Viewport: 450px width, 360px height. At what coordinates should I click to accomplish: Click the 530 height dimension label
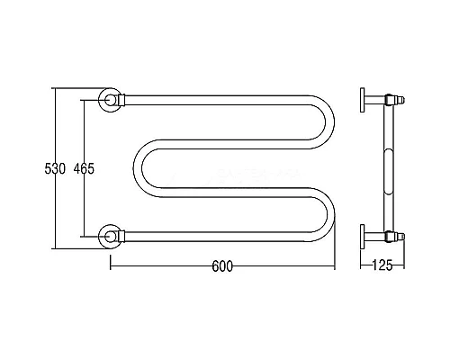tap(55, 169)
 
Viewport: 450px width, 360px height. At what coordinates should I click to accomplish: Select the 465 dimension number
tap(84, 169)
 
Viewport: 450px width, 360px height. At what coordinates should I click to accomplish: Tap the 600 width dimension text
tap(222, 266)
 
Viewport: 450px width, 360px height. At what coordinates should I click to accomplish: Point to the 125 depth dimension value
tap(382, 265)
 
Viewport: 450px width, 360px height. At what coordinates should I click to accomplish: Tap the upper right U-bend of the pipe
tap(330, 122)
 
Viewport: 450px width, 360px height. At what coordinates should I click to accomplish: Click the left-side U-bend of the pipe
tap(138, 168)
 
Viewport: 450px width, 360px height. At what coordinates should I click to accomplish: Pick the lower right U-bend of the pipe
tap(330, 215)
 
